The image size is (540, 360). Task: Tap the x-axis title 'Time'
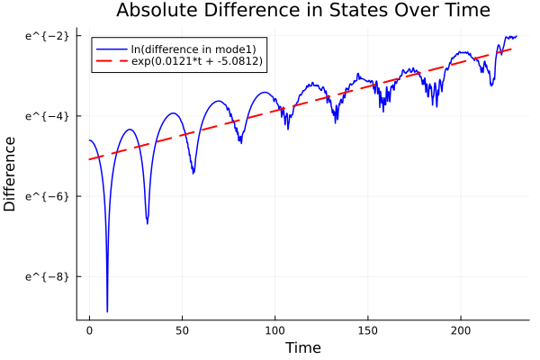pos(302,347)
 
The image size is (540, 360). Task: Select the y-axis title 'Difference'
pos(11,174)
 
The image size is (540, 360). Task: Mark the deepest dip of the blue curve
pos(107,310)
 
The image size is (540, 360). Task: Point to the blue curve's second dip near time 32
pos(148,222)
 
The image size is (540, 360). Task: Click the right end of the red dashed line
pos(511,49)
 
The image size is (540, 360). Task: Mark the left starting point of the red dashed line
pos(89,159)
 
